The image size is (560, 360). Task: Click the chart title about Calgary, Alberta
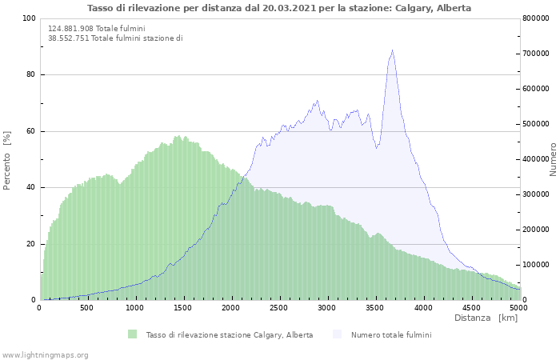point(279,8)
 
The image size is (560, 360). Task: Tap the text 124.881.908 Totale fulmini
point(97,29)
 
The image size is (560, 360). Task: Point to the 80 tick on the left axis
point(31,75)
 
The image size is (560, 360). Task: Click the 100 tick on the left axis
point(29,18)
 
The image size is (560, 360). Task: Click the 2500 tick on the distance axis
point(279,308)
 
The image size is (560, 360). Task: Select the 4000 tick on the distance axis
point(423,308)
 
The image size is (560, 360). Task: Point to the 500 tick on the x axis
point(87,308)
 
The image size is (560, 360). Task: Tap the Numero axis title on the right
point(553,160)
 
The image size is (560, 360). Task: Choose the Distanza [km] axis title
point(486,318)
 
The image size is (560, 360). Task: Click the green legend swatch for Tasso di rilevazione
point(132,334)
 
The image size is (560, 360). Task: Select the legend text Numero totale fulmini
point(391,334)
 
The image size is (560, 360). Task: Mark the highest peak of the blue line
point(392,50)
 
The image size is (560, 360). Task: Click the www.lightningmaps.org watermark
point(46,354)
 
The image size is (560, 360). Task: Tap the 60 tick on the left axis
point(31,131)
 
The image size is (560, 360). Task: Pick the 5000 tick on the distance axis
point(518,308)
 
